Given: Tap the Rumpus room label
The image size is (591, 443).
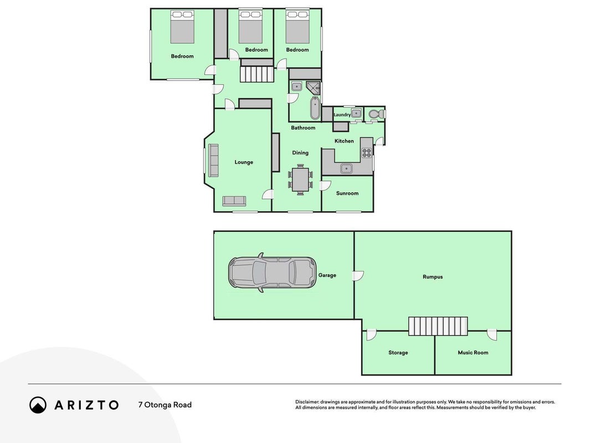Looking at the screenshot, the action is click(433, 277).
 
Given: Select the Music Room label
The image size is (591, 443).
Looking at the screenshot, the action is click(472, 353).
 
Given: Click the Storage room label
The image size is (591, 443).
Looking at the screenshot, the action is click(398, 353).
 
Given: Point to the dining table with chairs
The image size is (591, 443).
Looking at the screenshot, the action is click(300, 179).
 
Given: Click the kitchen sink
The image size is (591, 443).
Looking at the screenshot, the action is click(346, 168).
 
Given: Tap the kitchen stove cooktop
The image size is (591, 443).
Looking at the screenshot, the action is click(366, 153).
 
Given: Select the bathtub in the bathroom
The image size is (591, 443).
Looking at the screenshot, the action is click(315, 108).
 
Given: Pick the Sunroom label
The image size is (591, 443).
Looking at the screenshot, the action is click(347, 193).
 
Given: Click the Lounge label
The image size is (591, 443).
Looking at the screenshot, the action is click(244, 162).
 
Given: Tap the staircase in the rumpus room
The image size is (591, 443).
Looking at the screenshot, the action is click(438, 326).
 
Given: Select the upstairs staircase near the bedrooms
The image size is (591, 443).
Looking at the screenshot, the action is click(256, 74).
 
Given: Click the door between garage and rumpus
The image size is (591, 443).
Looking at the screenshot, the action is click(358, 276).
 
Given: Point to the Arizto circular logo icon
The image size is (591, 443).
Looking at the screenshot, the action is click(38, 405).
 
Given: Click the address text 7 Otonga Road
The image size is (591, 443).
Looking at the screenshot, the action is click(165, 405).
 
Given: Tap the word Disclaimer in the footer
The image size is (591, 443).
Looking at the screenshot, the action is click(307, 402).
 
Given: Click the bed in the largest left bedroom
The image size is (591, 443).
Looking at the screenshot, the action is click(182, 27).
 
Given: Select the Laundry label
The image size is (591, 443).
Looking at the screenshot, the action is click(342, 115).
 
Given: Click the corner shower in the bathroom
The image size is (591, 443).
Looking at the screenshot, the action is click(313, 88).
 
